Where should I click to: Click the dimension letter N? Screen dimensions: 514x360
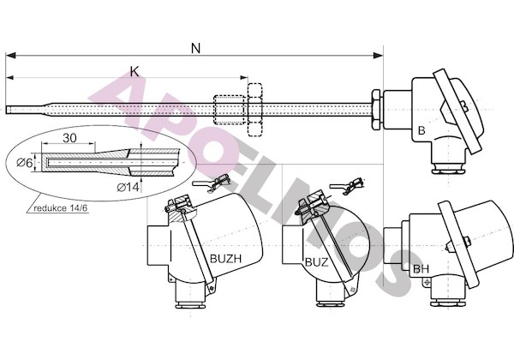pyautogui.click(x=195, y=49)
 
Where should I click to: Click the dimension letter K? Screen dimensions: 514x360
pyautogui.click(x=134, y=71)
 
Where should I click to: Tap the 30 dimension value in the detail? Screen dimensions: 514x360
pyautogui.click(x=69, y=138)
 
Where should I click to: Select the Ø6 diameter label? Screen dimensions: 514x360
pyautogui.click(x=25, y=162)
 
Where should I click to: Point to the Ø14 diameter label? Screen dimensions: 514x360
pyautogui.click(x=128, y=187)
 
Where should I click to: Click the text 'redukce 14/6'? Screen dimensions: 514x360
pyautogui.click(x=61, y=208)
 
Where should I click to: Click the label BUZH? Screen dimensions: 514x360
pyautogui.click(x=225, y=259)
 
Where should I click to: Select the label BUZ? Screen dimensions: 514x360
pyautogui.click(x=316, y=262)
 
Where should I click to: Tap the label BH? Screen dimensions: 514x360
pyautogui.click(x=421, y=269)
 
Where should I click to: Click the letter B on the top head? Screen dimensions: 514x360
pyautogui.click(x=421, y=130)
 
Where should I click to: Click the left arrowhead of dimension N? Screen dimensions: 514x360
pyautogui.click(x=10, y=56)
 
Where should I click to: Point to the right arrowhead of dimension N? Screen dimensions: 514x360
pyautogui.click(x=379, y=56)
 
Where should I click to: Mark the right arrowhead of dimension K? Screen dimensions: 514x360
pyautogui.click(x=244, y=78)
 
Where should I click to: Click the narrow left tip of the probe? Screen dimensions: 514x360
pyautogui.click(x=7, y=109)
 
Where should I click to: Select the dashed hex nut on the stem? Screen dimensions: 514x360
pyautogui.click(x=255, y=110)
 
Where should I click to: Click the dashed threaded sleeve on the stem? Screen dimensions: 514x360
pyautogui.click(x=229, y=110)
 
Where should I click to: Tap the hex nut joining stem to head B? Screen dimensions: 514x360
pyautogui.click(x=376, y=110)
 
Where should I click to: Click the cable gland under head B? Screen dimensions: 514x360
pyautogui.click(x=448, y=168)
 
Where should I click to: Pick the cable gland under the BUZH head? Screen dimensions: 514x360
pyautogui.click(x=191, y=303)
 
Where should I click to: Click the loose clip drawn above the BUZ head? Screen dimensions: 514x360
pyautogui.click(x=347, y=186)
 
